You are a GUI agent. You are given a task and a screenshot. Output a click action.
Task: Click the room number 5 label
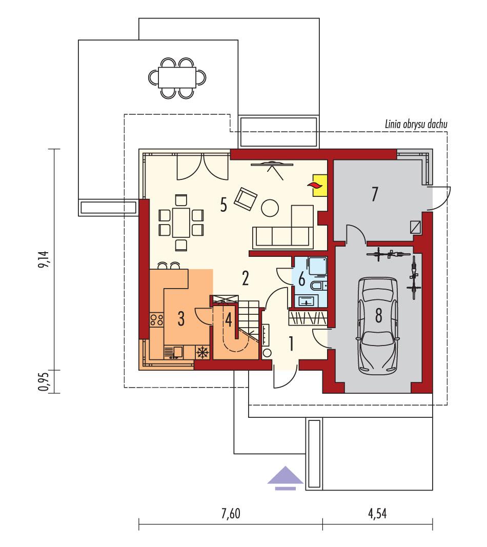(223, 204)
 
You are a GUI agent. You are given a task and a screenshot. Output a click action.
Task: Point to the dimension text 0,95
(47, 381)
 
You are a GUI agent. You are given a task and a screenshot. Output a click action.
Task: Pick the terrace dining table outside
(177, 77)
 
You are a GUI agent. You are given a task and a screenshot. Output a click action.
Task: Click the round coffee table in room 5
(270, 208)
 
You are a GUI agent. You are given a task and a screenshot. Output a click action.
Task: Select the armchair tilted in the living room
(246, 198)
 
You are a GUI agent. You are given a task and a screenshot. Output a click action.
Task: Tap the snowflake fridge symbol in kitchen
(202, 352)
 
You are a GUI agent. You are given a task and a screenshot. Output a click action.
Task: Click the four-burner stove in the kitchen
(156, 321)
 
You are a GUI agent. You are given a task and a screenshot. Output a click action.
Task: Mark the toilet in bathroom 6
(319, 285)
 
